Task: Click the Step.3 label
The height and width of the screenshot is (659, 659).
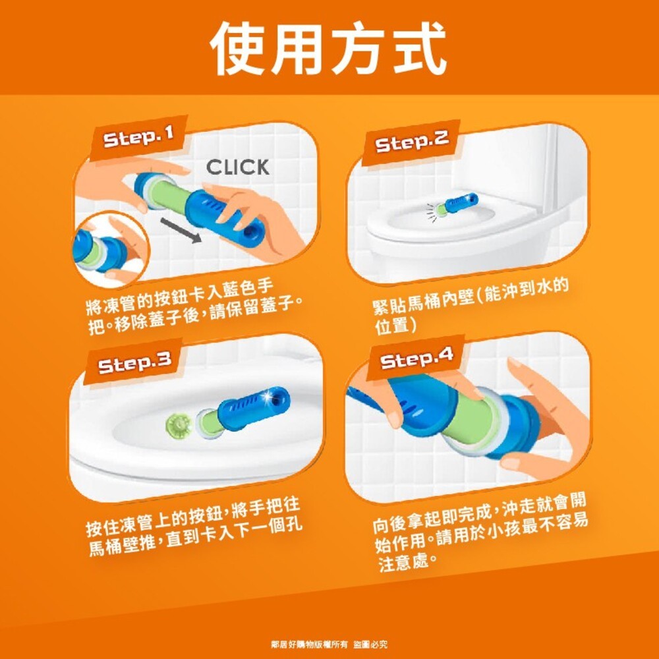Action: point(134,362)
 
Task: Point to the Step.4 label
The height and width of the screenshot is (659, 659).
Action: point(416,359)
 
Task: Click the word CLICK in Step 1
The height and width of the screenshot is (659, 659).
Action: point(238,167)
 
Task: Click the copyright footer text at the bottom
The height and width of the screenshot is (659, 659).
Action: point(329,643)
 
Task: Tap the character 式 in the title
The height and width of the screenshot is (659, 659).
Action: point(418,47)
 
